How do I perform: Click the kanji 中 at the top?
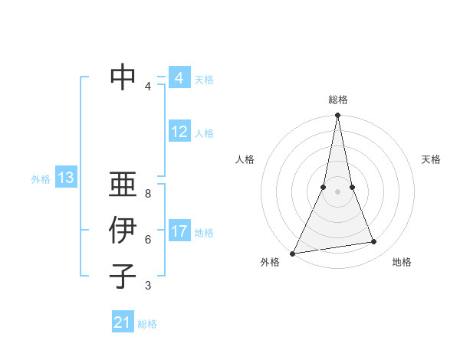click(123, 77)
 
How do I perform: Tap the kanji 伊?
click(123, 231)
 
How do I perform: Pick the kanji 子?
click(123, 276)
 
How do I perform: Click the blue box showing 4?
click(179, 78)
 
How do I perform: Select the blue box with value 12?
click(179, 132)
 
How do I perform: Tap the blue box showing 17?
click(179, 231)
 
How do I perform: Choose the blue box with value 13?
click(66, 178)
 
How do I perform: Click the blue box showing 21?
click(123, 322)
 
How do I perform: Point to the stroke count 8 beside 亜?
click(148, 194)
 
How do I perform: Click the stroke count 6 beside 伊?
click(148, 240)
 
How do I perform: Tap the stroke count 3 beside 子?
click(148, 286)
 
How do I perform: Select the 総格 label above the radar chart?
click(337, 100)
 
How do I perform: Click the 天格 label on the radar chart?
click(431, 159)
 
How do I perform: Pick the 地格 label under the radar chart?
click(402, 262)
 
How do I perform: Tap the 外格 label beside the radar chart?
click(270, 262)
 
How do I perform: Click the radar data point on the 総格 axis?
click(337, 116)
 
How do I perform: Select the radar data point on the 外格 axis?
click(292, 253)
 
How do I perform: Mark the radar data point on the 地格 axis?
click(374, 242)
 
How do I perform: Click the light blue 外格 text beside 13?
click(41, 179)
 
